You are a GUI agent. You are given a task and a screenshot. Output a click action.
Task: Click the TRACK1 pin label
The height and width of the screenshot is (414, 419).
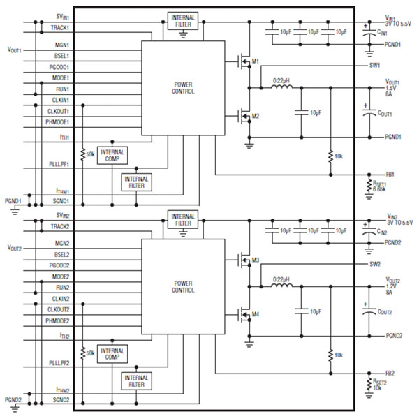click(x=58, y=27)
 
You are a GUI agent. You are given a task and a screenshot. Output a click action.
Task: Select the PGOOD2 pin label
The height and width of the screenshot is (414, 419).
click(x=58, y=266)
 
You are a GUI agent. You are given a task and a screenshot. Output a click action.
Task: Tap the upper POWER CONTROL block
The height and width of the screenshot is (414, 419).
click(x=183, y=88)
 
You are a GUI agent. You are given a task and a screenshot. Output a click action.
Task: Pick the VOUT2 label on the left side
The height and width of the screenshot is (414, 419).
click(x=15, y=248)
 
